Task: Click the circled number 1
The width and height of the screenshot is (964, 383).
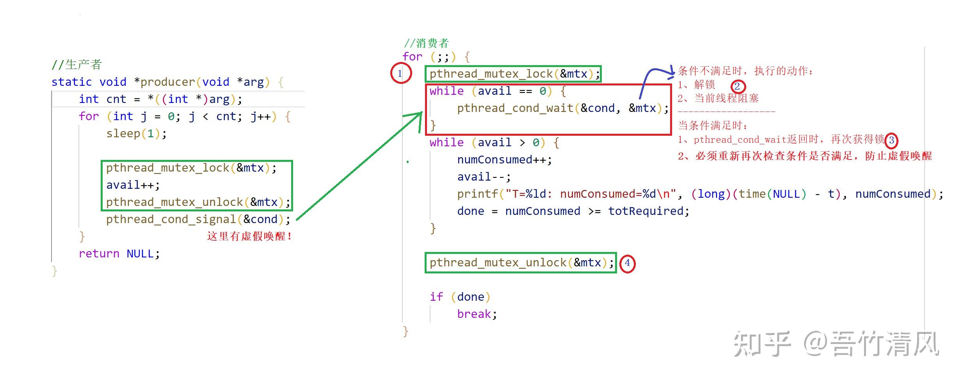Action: pos(400,73)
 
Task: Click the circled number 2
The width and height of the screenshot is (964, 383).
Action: pos(737,86)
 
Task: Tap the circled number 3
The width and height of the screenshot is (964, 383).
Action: pos(891,140)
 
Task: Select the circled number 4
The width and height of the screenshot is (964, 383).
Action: pos(627,263)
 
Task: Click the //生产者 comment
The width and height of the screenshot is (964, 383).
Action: pos(77,65)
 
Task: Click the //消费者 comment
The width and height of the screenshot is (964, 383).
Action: pos(426,43)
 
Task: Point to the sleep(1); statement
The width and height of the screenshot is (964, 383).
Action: pos(136,134)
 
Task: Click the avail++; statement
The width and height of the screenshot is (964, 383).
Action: pos(133,185)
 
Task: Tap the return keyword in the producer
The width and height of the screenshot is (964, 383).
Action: pos(99,254)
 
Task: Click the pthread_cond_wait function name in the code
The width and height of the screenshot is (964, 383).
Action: pos(515,108)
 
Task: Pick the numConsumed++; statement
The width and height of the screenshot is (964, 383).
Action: pos(504,160)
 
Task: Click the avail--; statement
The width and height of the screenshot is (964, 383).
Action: pos(484,177)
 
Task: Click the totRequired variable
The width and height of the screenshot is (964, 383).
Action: pos(646,211)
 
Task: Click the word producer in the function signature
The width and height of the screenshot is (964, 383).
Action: pos(167,82)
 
